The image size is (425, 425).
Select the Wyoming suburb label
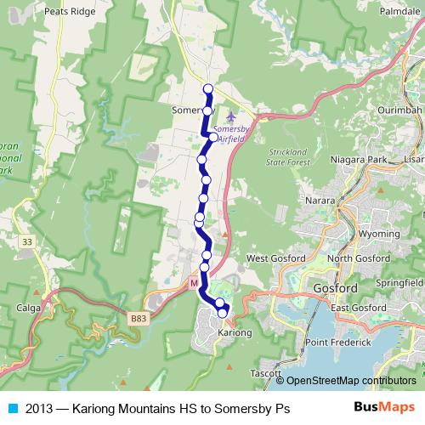click(x=379, y=233)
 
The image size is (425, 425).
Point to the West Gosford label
click(x=274, y=258)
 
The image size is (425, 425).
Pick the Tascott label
click(x=266, y=372)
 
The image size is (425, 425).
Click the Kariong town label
click(x=235, y=333)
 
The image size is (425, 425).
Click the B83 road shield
click(x=139, y=317)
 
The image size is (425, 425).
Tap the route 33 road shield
click(x=28, y=242)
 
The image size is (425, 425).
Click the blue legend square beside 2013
click(x=11, y=409)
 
